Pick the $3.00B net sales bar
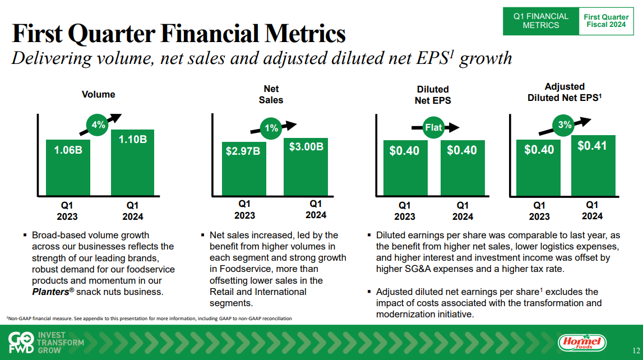[x=306, y=166]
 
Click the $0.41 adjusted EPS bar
[x=592, y=165]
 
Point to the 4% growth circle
[x=99, y=125]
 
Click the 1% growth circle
[x=271, y=128]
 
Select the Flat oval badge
[x=434, y=128]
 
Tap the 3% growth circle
[x=565, y=125]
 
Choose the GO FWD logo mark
[x=22, y=342]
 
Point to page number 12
[x=636, y=350]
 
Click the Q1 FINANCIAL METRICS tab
[x=541, y=21]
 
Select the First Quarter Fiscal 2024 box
[x=606, y=21]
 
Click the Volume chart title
[x=98, y=94]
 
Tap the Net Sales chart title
[x=271, y=94]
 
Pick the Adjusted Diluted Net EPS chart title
[x=564, y=91]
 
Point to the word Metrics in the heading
[x=290, y=35]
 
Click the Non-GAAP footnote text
[x=149, y=319]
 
